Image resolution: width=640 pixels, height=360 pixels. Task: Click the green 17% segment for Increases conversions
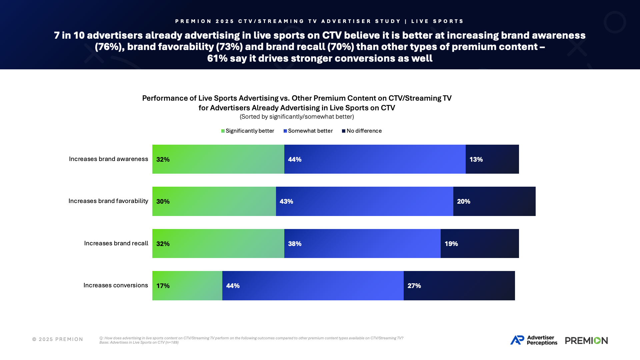click(x=187, y=286)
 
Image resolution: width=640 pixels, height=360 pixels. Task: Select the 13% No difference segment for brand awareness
click(x=492, y=159)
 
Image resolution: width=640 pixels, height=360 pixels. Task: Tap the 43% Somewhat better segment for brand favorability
click(x=364, y=201)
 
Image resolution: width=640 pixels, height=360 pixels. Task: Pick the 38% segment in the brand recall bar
click(x=362, y=244)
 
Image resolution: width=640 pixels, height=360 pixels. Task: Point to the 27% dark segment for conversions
click(x=459, y=286)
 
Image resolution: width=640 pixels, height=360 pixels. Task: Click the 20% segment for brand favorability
click(x=494, y=201)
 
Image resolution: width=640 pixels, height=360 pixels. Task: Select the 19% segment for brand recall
click(x=480, y=244)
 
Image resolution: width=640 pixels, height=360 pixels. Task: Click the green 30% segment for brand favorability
click(x=214, y=201)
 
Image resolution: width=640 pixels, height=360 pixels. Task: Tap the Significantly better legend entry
click(x=248, y=131)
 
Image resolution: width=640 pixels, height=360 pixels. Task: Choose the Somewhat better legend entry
click(x=308, y=131)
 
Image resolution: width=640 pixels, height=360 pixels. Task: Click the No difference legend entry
click(x=362, y=131)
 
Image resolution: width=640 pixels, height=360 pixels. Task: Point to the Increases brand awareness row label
click(x=108, y=159)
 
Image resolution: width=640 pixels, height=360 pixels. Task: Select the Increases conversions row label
click(x=115, y=285)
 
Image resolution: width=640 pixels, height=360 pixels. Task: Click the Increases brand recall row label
click(x=116, y=243)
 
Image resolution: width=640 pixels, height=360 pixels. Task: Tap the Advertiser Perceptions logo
click(x=534, y=340)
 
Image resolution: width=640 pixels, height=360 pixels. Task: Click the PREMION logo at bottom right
click(x=586, y=340)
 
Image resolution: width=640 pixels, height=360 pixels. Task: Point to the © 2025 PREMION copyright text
click(x=58, y=339)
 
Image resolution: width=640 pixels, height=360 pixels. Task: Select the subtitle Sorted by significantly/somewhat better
click(x=297, y=117)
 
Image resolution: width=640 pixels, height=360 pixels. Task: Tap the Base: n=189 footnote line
click(x=139, y=343)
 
